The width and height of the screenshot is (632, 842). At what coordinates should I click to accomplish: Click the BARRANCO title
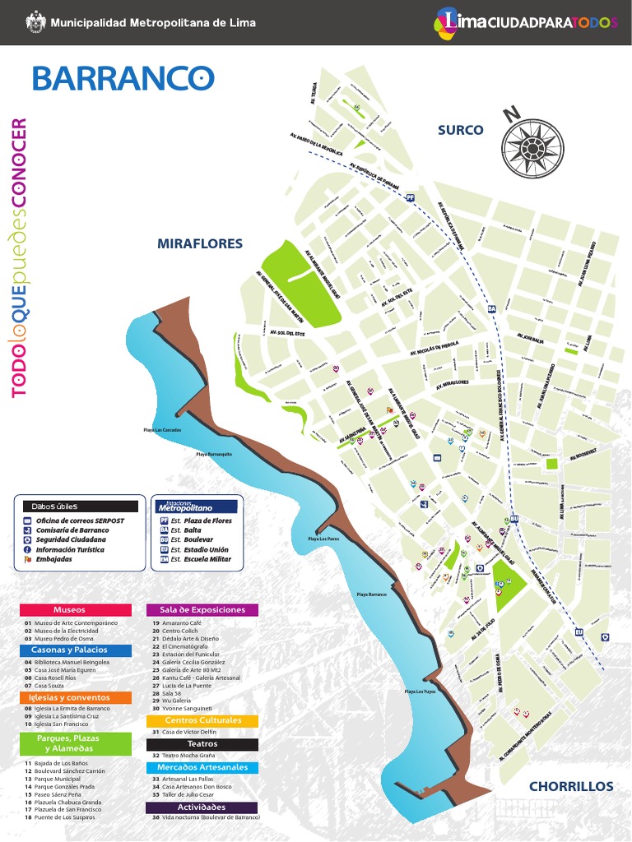tap(123, 78)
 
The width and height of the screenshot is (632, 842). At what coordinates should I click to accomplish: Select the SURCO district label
tap(460, 130)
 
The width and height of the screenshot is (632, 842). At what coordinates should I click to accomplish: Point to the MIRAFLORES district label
tap(200, 243)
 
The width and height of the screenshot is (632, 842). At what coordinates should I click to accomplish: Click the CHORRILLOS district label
tap(571, 786)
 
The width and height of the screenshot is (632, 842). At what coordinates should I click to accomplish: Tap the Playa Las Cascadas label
tap(162, 429)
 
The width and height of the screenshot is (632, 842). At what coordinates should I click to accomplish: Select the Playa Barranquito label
tap(214, 454)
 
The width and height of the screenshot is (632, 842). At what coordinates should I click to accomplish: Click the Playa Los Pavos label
tap(323, 539)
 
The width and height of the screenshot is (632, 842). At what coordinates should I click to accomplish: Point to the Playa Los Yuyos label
tap(420, 692)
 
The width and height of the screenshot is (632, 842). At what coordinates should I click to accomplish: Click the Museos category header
tap(69, 610)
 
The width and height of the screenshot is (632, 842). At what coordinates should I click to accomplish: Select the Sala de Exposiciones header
tap(202, 610)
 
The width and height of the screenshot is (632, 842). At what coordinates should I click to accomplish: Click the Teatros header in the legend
tap(202, 744)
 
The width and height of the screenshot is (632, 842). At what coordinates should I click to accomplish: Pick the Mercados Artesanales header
tap(202, 767)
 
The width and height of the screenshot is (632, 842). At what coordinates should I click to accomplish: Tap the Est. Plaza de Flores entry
tap(202, 521)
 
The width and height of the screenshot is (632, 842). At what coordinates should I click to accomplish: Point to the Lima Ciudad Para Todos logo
tap(526, 22)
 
